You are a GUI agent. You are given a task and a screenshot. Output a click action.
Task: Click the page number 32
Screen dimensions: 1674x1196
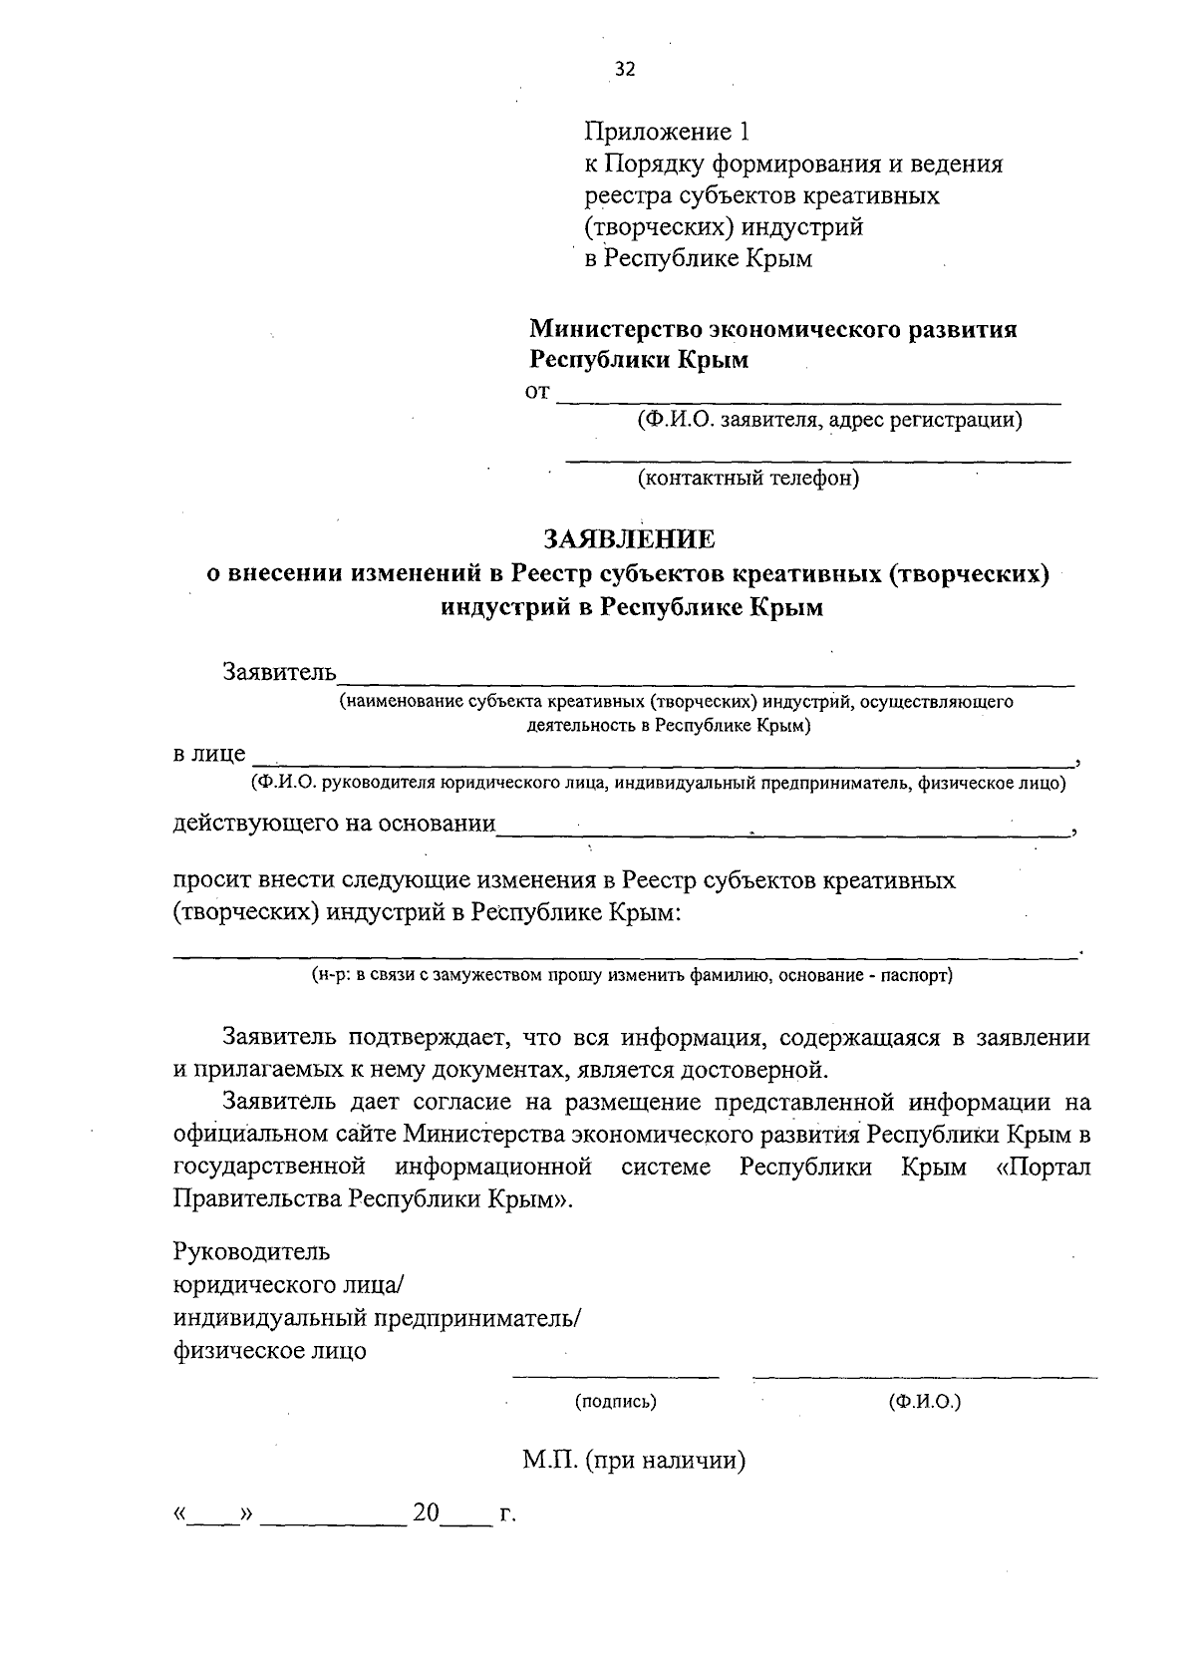[x=625, y=69]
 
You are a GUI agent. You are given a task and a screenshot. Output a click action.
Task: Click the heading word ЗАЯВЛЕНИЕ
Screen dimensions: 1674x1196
[x=629, y=540]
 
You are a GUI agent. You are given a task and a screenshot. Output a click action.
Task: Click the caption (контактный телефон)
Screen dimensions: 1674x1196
[x=747, y=479]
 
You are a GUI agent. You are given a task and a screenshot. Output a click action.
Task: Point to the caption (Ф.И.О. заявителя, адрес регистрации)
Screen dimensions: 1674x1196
[x=830, y=420]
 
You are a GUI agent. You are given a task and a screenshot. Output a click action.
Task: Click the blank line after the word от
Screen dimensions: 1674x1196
[x=807, y=401]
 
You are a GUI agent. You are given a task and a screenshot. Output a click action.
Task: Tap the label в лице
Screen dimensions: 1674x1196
[x=209, y=754]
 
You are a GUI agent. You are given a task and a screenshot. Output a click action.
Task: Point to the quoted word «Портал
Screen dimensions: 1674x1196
[x=1044, y=1167]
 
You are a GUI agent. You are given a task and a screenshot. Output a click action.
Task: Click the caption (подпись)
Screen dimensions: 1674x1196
[x=616, y=1402]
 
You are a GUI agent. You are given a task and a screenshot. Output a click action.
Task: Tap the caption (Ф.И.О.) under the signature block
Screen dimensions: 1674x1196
[x=924, y=1402]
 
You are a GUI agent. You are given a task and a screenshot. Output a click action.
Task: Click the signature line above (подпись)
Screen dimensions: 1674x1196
[x=615, y=1378]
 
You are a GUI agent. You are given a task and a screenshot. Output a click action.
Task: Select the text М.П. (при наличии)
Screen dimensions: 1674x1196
[x=634, y=1462]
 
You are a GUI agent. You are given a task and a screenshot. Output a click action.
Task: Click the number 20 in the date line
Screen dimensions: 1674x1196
[x=427, y=1513]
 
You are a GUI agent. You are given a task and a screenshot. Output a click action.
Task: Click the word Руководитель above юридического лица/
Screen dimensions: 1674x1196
[x=251, y=1251]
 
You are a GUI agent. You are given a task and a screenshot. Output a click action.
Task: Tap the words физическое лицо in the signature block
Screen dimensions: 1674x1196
[x=269, y=1352]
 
